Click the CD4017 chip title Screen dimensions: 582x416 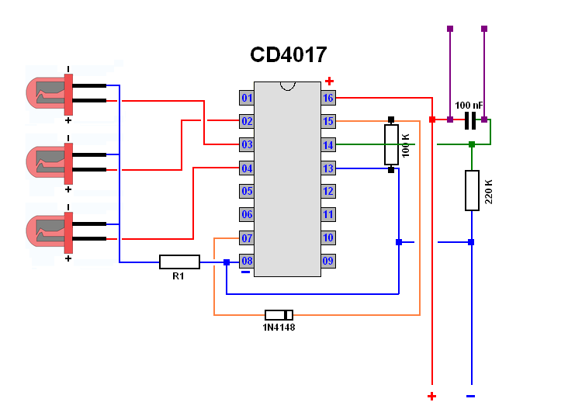289,54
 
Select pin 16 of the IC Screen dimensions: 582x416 328,98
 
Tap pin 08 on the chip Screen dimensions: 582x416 247,262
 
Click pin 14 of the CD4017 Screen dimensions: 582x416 328,144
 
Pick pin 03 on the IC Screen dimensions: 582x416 247,144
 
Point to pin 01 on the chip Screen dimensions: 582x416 247,98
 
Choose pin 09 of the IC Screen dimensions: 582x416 328,261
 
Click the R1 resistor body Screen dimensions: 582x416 180,262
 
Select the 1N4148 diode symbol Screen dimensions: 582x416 279,315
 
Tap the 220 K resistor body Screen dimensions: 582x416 472,191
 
